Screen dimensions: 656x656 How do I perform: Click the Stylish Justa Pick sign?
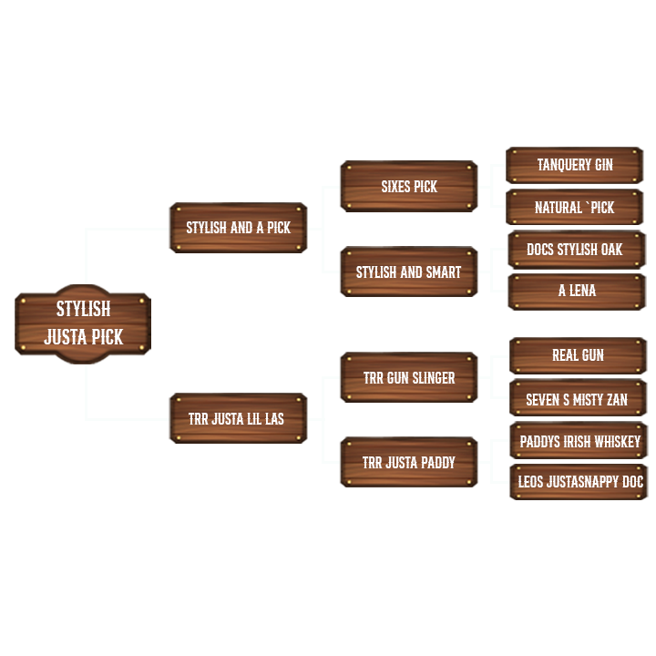[83, 323]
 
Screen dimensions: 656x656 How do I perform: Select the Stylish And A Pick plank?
[238, 228]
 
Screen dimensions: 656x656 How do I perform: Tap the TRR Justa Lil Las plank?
[238, 418]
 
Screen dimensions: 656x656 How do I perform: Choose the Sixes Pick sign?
[408, 187]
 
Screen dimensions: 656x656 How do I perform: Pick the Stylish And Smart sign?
[408, 272]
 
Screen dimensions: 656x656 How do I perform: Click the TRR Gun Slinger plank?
[408, 377]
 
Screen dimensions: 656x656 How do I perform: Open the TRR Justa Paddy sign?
[408, 463]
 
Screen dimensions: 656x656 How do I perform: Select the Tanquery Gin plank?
[575, 165]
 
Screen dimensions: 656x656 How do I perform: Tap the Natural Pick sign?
[575, 208]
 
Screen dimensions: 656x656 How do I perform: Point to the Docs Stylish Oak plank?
[575, 250]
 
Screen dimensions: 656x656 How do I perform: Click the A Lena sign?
[577, 291]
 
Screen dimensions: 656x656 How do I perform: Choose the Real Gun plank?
[578, 355]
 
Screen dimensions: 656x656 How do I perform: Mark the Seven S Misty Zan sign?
[578, 399]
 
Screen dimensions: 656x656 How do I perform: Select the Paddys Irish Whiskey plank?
[579, 441]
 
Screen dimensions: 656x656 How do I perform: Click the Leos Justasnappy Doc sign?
[579, 482]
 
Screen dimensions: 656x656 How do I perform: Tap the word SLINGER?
[433, 377]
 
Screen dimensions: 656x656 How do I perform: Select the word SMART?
[444, 272]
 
